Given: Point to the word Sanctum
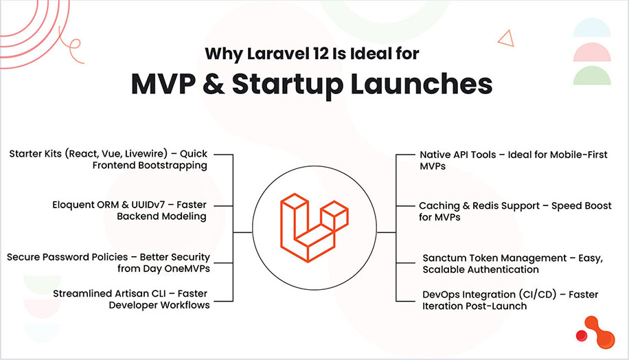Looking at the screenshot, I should click(446, 258).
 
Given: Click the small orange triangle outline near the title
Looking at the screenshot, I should click(506, 38).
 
